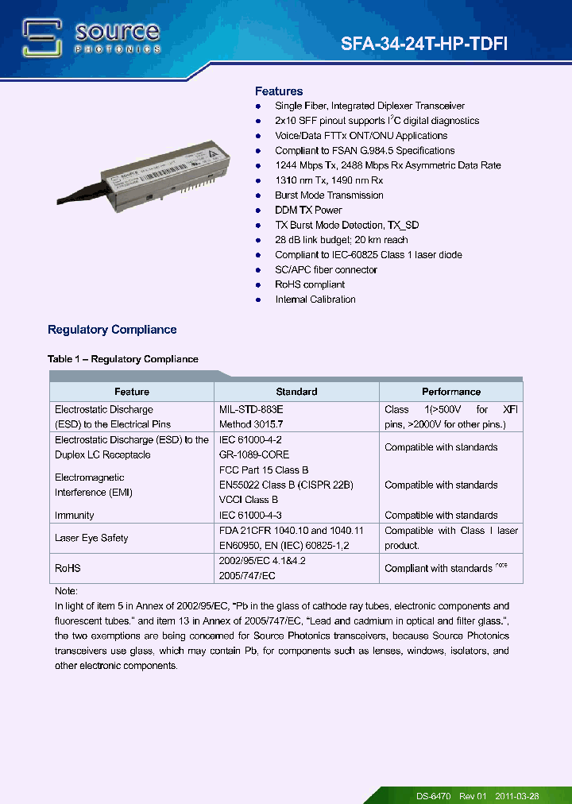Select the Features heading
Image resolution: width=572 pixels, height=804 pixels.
(278, 91)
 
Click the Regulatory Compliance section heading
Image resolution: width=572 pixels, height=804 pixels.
(112, 330)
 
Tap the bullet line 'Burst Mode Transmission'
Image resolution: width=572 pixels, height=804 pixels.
(329, 195)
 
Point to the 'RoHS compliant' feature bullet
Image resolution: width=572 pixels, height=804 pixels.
(310, 284)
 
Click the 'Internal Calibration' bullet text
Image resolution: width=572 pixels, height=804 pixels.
(315, 300)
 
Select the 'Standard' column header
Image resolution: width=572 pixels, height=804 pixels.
(296, 392)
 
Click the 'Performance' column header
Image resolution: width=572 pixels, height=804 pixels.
(450, 392)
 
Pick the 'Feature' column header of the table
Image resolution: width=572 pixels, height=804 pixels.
(132, 392)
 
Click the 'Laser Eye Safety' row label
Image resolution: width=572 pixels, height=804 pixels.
(91, 538)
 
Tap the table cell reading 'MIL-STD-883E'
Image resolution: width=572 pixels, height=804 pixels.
(251, 409)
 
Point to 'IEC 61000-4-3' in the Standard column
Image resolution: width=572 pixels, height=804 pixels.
(251, 515)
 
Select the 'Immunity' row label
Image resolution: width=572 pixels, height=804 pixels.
(75, 515)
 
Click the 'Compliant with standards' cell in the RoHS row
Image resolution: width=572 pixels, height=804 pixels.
(439, 568)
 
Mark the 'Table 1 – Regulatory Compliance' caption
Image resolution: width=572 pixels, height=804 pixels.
(122, 359)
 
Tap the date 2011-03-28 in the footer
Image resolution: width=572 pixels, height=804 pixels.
(517, 795)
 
